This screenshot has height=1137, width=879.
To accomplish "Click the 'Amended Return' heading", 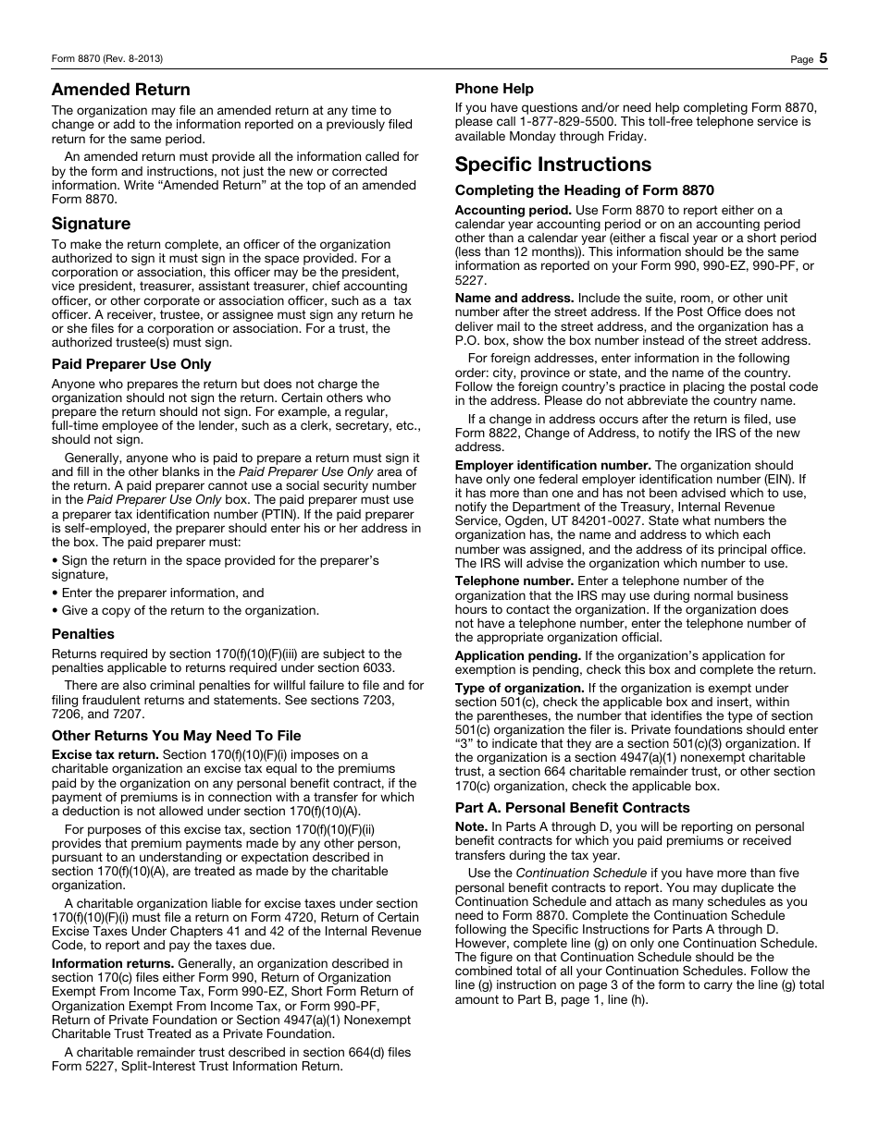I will pyautogui.click(x=120, y=90).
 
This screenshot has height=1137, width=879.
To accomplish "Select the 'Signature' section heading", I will pyautogui.click(x=91, y=224).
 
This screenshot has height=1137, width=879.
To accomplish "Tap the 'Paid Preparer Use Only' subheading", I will pyautogui.click(x=131, y=364).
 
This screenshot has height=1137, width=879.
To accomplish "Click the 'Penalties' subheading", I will pyautogui.click(x=83, y=634).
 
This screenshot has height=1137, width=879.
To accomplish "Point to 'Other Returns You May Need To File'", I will pyautogui.click(x=176, y=736).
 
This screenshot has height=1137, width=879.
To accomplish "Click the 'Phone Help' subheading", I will pyautogui.click(x=494, y=89).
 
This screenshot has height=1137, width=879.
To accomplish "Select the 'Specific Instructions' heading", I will pyautogui.click(x=553, y=165).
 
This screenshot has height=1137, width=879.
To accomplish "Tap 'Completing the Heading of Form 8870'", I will pyautogui.click(x=584, y=190).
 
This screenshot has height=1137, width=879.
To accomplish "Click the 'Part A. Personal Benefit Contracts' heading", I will pyautogui.click(x=572, y=808).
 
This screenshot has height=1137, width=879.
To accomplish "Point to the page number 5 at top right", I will pyautogui.click(x=823, y=58).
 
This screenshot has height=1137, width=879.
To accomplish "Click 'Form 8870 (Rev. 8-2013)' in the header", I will pyautogui.click(x=107, y=59).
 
